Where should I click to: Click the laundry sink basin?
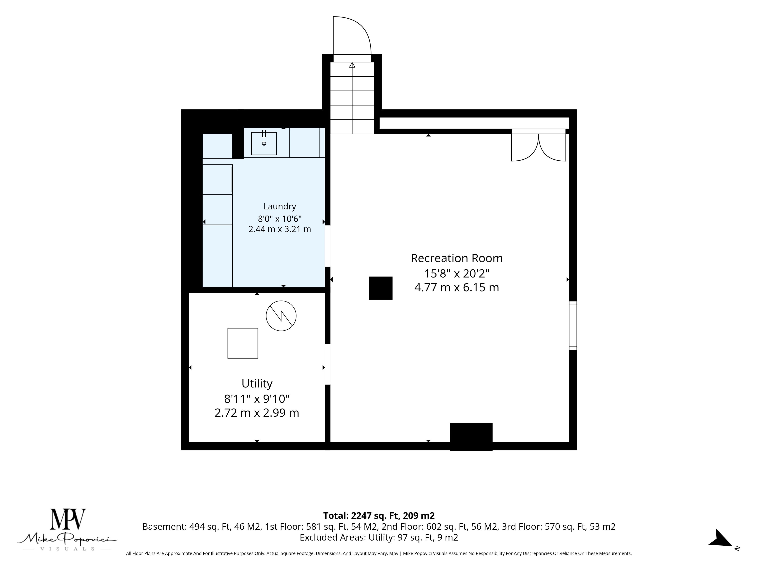(264, 143)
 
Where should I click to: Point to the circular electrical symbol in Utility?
(281, 316)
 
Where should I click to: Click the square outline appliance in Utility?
(243, 343)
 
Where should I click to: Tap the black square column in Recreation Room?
(381, 288)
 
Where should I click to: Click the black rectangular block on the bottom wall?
(471, 437)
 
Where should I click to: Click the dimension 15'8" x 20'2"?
(457, 273)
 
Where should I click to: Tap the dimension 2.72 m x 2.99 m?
(257, 412)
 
